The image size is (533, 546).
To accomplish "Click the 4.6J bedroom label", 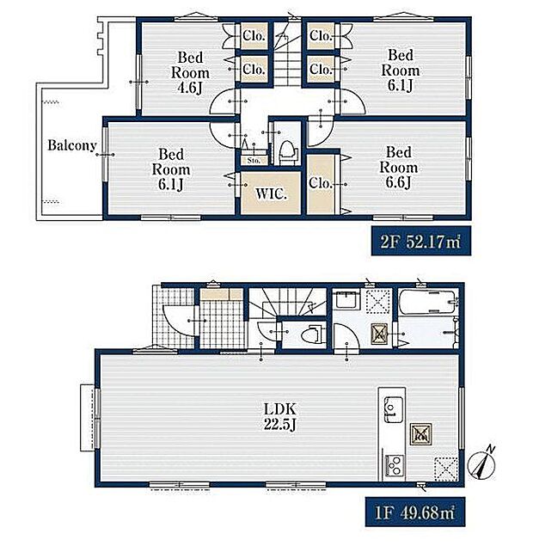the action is point(190,72).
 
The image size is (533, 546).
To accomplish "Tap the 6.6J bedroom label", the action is point(399,167).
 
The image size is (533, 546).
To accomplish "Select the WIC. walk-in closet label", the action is point(271,194).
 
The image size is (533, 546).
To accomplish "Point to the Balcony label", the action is point(72,145).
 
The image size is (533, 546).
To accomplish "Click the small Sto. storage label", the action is point(254,161).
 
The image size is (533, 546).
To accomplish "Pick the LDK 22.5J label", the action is point(280,416).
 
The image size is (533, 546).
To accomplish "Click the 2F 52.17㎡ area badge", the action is point(421,241).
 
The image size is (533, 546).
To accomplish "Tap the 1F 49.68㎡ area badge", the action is point(415,512).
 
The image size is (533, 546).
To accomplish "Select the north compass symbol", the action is point(481,463).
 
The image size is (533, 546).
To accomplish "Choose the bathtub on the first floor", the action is point(428,302).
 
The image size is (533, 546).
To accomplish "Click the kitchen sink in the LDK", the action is point(394,410).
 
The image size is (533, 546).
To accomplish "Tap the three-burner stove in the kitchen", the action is point(394,466).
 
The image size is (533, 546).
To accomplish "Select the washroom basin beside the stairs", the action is point(347,301).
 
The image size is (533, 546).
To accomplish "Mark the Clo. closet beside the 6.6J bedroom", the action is point(321,184).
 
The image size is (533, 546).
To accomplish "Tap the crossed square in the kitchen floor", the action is point(446,469).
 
